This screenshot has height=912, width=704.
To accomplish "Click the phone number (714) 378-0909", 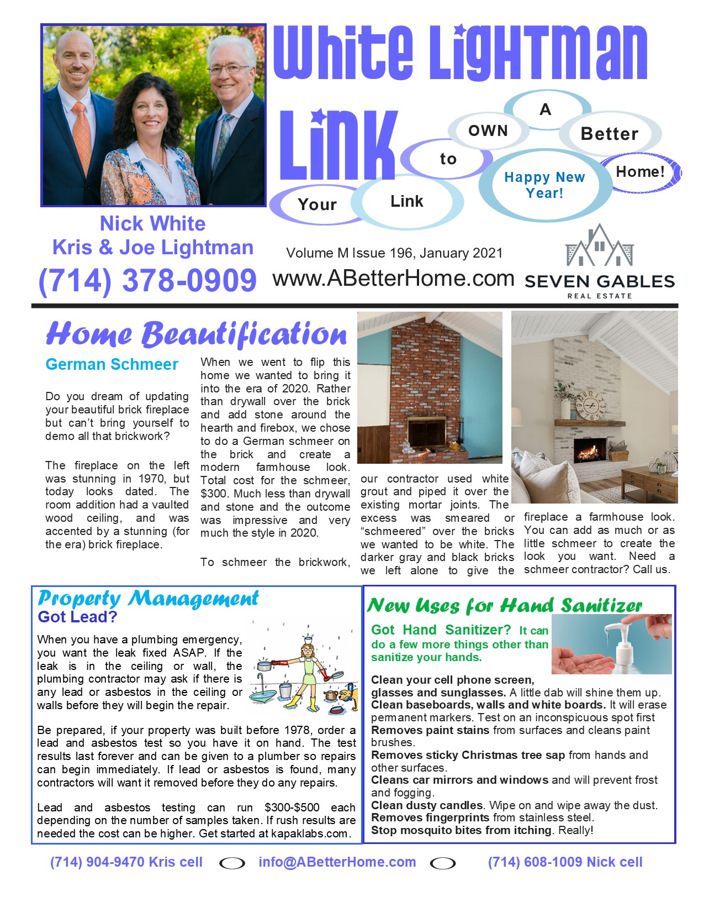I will [x=147, y=280].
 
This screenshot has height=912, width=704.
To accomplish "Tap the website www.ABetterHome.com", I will [x=393, y=279].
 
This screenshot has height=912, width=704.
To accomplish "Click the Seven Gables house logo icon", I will [x=600, y=247].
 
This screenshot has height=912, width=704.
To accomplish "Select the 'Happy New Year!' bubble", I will [x=544, y=185].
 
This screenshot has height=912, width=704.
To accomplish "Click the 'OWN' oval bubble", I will [x=488, y=131].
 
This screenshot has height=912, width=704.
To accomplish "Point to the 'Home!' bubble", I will [x=640, y=172].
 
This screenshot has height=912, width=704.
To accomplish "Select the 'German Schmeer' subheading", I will [x=112, y=365].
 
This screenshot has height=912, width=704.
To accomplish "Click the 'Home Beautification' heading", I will [x=197, y=334].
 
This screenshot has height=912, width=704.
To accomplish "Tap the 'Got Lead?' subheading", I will [x=77, y=617].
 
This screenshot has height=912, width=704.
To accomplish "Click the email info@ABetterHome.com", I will [x=337, y=862].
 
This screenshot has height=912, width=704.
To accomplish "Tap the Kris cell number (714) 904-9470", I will [x=126, y=862].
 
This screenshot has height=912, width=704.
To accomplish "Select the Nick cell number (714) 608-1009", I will [x=565, y=862].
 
